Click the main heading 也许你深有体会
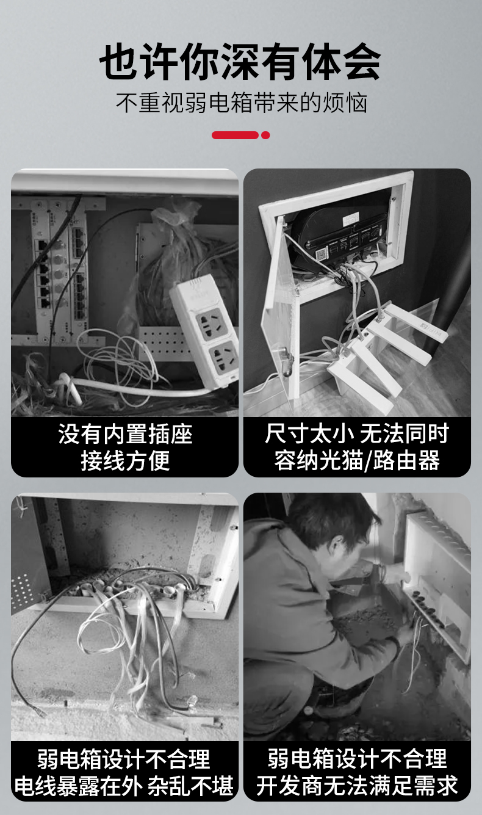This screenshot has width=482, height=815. coord(240,61)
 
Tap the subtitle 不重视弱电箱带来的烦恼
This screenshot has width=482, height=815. coord(242,103)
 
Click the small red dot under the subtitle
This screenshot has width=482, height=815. coord(266,135)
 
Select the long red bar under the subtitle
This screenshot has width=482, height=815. coord(235,135)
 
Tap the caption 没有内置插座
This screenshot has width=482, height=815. coord(125,433)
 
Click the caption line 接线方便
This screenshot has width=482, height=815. coord(125,460)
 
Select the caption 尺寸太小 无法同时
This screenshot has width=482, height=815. coord(357,433)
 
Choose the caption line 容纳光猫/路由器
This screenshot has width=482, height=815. coord(357,460)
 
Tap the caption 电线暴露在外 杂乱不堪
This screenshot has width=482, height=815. coord(124,786)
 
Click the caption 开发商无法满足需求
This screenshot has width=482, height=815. coord(357,786)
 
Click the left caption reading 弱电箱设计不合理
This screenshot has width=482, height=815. coord(124,759)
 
